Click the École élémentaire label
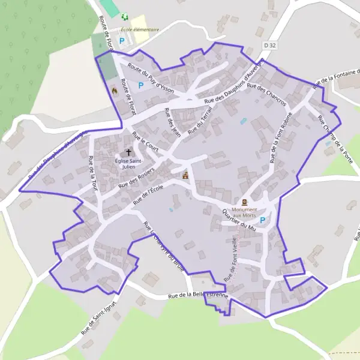[140, 29]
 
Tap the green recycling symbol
[124, 17]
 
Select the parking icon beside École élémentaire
[122, 41]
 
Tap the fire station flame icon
[113, 90]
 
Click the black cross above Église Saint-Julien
[128, 153]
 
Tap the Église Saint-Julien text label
[129, 163]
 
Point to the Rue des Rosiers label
[136, 178]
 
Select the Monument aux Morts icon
[245, 203]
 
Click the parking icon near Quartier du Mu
[263, 221]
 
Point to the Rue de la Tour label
[92, 173]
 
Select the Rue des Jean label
[173, 124]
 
